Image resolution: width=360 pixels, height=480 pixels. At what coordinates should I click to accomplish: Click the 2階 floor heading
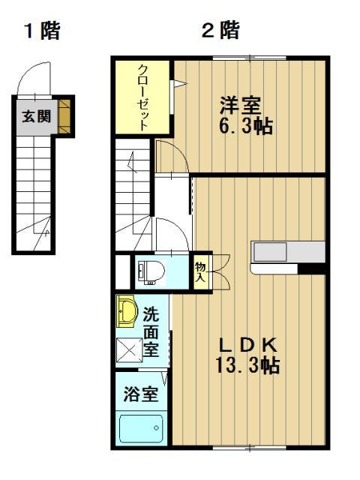point(220,31)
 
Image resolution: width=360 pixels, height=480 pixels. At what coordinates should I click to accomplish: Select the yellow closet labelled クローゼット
point(142,97)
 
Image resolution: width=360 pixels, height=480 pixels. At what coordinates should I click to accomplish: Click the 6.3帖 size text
point(246,125)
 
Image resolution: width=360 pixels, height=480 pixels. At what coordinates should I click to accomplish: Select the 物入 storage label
point(200,272)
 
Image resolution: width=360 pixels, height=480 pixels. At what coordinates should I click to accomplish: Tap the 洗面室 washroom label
point(151,332)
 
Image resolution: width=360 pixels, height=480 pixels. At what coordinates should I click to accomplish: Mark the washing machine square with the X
point(128,349)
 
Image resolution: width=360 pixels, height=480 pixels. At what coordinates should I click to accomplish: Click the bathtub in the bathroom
point(142,429)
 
